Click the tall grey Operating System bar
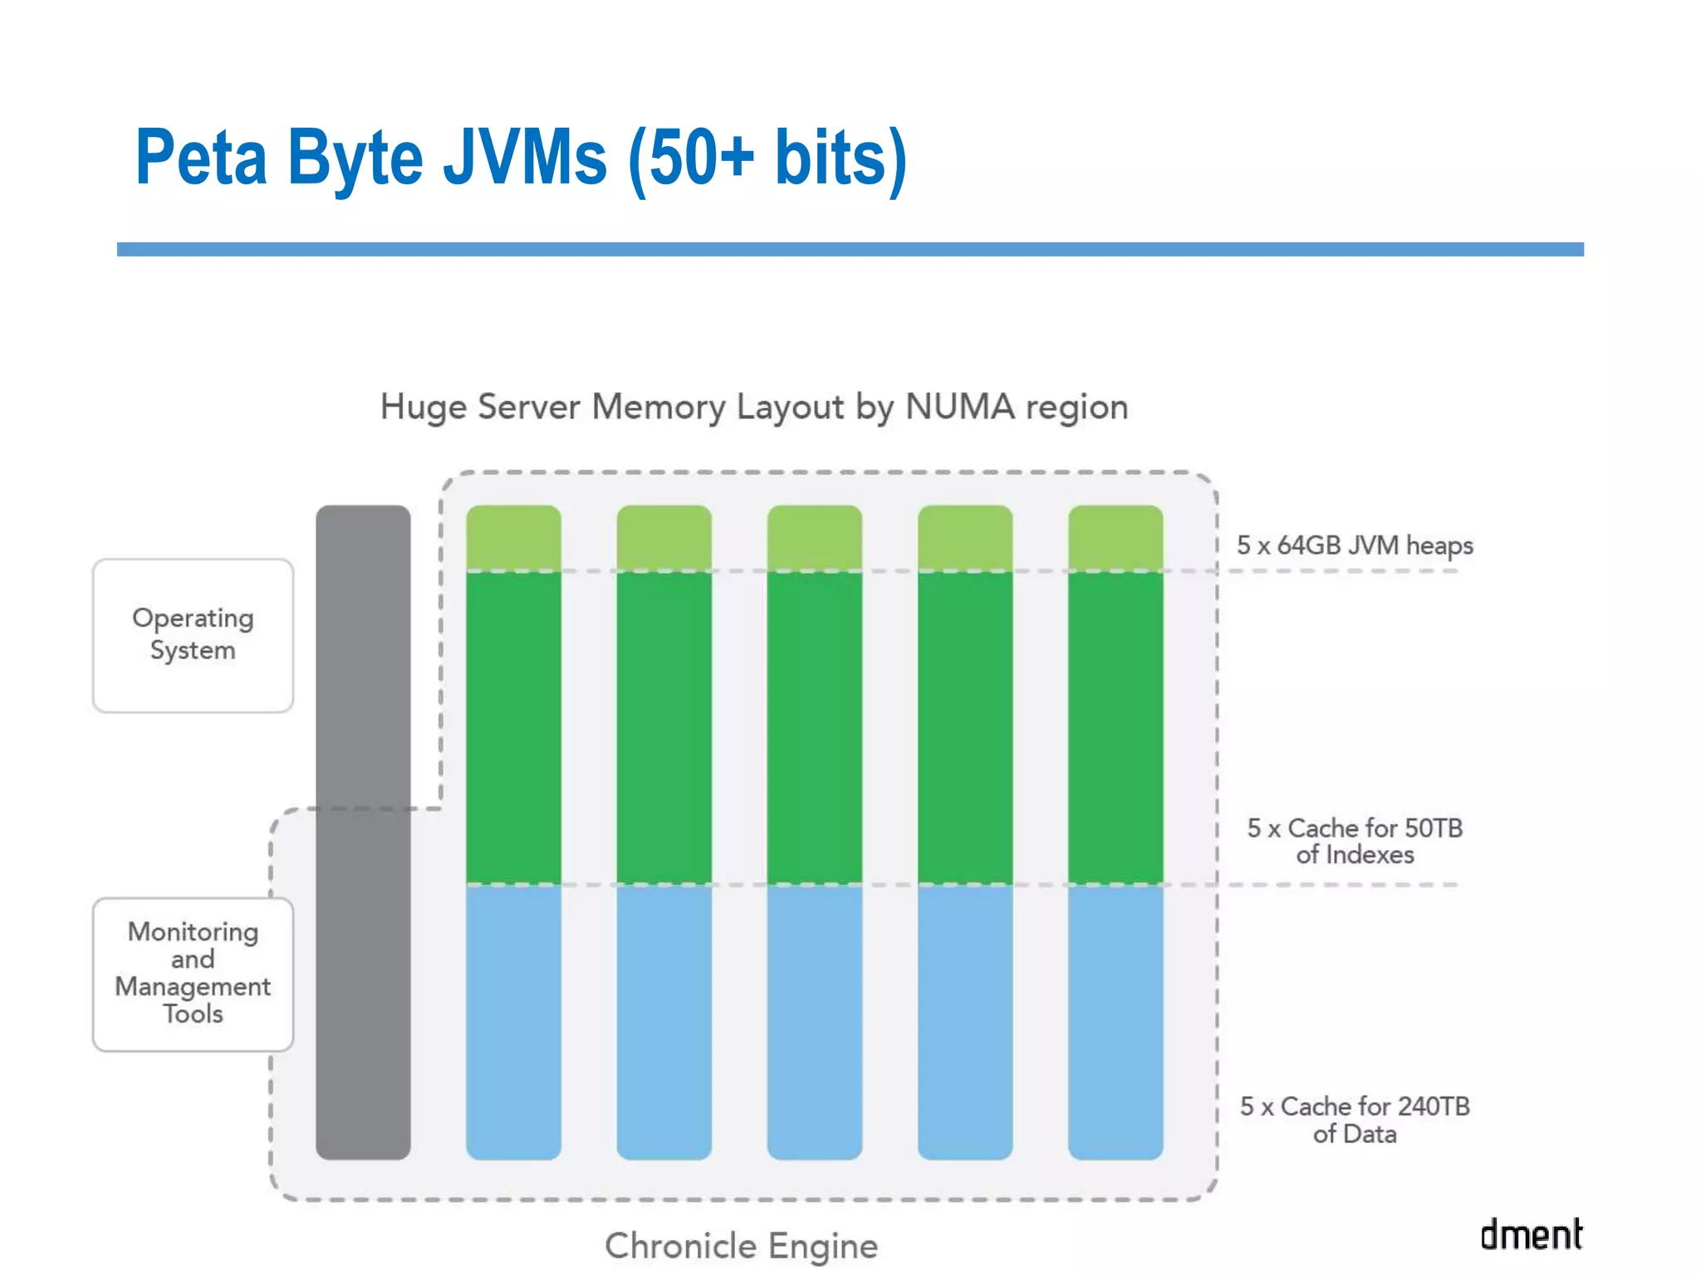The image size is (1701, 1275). point(363,830)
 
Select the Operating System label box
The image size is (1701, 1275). point(193,635)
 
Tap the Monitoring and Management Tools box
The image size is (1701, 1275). point(193,974)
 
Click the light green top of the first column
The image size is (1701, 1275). point(513,537)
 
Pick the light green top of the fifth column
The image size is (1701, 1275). point(1115,537)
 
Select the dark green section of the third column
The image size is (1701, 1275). point(814,726)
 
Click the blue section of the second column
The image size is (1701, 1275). point(664,1021)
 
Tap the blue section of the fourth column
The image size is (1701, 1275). point(964,1021)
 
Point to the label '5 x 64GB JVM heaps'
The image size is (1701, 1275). point(1354,545)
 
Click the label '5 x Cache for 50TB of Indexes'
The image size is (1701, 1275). point(1354,841)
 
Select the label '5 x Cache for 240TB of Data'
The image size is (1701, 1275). point(1354,1120)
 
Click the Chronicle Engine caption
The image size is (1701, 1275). point(741,1246)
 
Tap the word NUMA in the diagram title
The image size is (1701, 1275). point(959,407)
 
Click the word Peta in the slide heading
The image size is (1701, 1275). point(201,158)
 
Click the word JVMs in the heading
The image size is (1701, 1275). point(525,158)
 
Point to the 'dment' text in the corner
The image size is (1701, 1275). point(1531,1234)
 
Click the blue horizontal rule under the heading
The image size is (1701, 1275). point(850,249)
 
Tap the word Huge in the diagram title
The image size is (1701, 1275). point(423,408)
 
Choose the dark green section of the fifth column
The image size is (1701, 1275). point(1115,726)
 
